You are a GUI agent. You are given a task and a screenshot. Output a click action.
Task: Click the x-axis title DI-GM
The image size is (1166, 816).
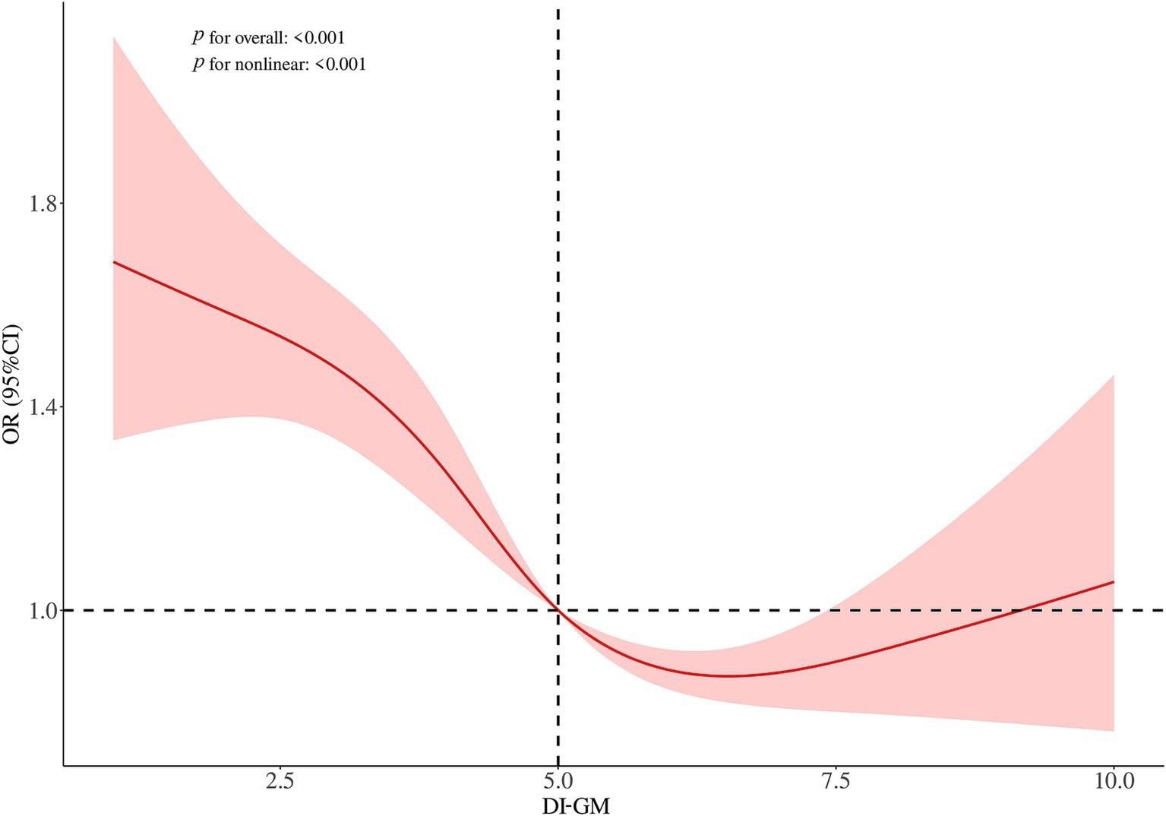coord(576,805)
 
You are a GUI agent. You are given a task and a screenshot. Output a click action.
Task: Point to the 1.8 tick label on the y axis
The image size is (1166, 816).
coord(42,204)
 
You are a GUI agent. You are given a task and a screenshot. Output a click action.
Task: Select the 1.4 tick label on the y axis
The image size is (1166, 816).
coord(42,407)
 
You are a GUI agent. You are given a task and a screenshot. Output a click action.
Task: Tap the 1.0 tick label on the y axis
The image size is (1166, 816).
coord(42,610)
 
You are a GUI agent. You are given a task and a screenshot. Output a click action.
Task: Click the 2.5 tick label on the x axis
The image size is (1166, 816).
coord(280,781)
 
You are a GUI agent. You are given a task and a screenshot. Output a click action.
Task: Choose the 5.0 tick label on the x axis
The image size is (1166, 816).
coord(558,781)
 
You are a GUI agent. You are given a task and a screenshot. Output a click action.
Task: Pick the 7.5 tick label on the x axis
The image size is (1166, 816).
coord(836,781)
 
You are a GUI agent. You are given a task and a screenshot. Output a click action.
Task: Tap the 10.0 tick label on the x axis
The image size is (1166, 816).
coord(1113,781)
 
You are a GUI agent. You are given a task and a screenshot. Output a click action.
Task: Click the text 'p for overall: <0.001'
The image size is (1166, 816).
coord(268,36)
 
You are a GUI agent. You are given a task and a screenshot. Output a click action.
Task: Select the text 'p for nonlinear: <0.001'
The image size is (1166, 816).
coord(279,65)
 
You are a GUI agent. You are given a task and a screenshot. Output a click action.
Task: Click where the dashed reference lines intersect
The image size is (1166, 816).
coord(558,610)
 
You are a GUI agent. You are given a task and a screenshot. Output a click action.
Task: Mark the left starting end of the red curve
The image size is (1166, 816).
coord(114,262)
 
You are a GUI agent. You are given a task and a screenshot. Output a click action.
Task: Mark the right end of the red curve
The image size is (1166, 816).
coord(1114,582)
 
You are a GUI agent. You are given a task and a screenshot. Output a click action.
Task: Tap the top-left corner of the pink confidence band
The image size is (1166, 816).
coord(114,36)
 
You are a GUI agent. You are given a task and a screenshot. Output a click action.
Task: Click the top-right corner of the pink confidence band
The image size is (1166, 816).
coord(1114,375)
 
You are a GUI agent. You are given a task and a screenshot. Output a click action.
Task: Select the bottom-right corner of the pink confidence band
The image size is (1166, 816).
coord(1114,731)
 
